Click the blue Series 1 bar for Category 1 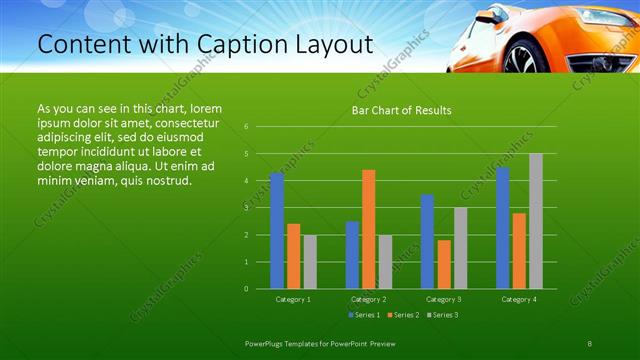coord(277,231)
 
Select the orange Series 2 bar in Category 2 coord(368,229)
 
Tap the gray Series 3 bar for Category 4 coord(535,221)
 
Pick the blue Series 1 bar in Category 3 coord(427,241)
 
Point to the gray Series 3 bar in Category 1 coord(310,262)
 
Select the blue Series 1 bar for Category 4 coord(502,228)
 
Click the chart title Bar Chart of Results coord(401,110)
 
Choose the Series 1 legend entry coord(364,315)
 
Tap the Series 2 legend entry coord(402,315)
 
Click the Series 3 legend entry coord(441,315)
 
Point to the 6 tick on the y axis coord(246,127)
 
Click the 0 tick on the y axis coord(246,289)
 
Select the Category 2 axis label coord(368,299)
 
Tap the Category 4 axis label coord(518,299)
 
